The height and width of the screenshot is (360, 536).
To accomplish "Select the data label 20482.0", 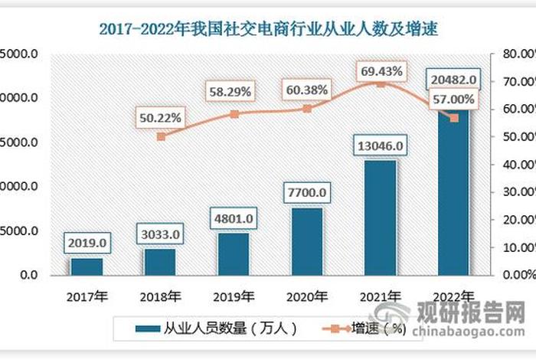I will (x=454, y=79).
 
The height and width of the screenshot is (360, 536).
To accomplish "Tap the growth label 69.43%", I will (x=381, y=70).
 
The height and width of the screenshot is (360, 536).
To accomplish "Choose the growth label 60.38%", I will (x=307, y=90).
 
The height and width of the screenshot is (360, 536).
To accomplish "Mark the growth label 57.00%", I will (x=453, y=100).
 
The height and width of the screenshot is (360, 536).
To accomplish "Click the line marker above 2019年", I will (x=234, y=114).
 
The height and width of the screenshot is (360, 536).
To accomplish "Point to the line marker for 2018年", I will (x=161, y=136).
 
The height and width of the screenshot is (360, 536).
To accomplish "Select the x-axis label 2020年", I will (x=307, y=296).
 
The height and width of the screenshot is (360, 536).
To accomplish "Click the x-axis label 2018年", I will (x=161, y=296).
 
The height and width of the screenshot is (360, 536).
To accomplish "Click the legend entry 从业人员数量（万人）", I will (x=215, y=329).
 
